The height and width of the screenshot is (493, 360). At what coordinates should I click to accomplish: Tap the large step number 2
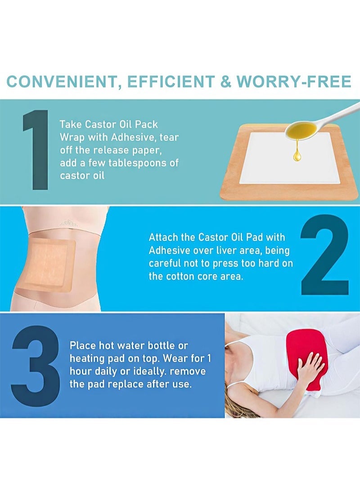(324, 254)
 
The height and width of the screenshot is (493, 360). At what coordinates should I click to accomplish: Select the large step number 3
(36, 365)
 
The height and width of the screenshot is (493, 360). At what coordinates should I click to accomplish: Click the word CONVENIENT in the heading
(61, 82)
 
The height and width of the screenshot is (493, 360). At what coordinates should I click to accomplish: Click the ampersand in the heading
(225, 81)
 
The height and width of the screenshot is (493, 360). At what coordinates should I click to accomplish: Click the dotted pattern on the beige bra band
(68, 223)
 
